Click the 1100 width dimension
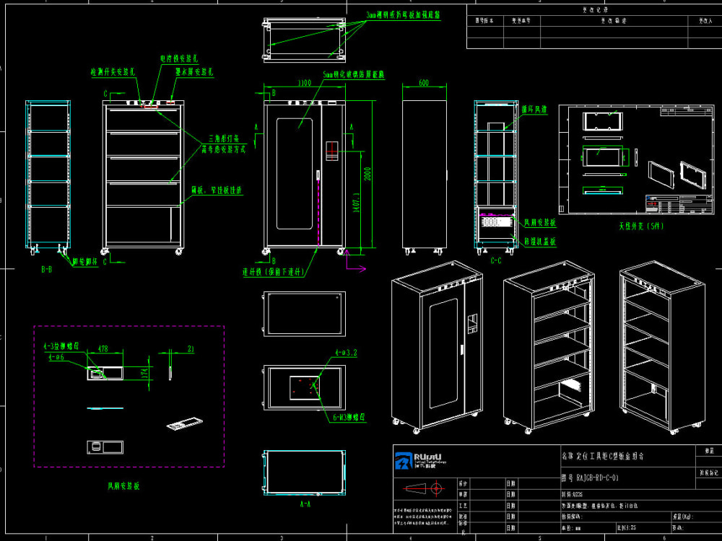(x=304, y=84)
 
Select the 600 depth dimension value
(x=423, y=84)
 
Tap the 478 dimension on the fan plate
(x=103, y=349)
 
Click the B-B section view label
(x=46, y=268)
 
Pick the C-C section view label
(x=496, y=260)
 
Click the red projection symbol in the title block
(x=435, y=488)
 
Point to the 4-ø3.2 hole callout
(x=346, y=354)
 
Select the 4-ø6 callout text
(x=56, y=357)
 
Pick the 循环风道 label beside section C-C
(x=534, y=110)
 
